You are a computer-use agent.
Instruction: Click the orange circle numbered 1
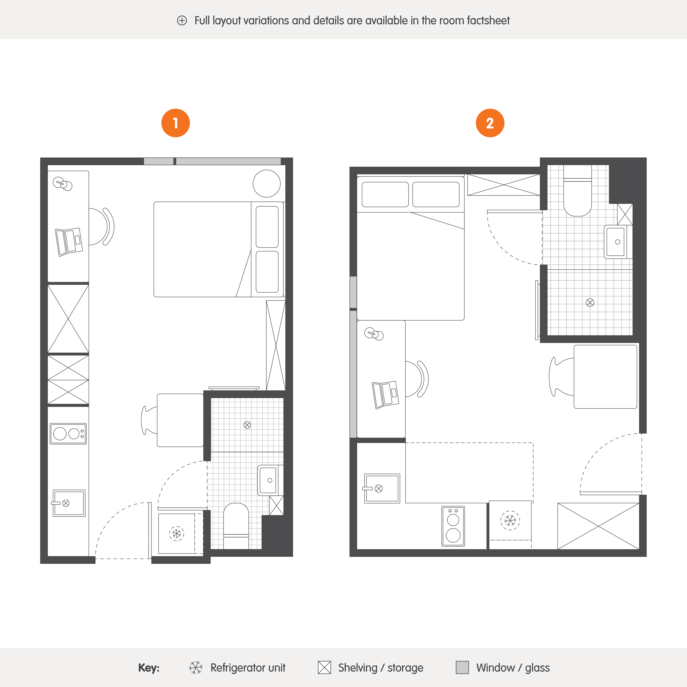click(176, 123)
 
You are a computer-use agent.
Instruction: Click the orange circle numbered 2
click(490, 123)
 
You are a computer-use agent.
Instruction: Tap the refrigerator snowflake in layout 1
click(176, 533)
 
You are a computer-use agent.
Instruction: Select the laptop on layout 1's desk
click(69, 242)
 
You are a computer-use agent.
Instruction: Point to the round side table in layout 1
click(267, 183)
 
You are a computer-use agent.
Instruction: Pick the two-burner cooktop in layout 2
click(453, 526)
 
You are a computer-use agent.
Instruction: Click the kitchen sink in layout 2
click(382, 488)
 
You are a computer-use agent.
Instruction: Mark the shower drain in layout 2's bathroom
click(590, 303)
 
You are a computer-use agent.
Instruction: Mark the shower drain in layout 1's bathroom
click(247, 425)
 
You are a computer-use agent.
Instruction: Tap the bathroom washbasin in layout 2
click(618, 242)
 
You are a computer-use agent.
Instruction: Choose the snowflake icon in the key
click(196, 667)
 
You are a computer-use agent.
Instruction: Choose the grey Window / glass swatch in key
click(462, 667)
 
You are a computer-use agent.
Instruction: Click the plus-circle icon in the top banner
click(182, 21)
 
